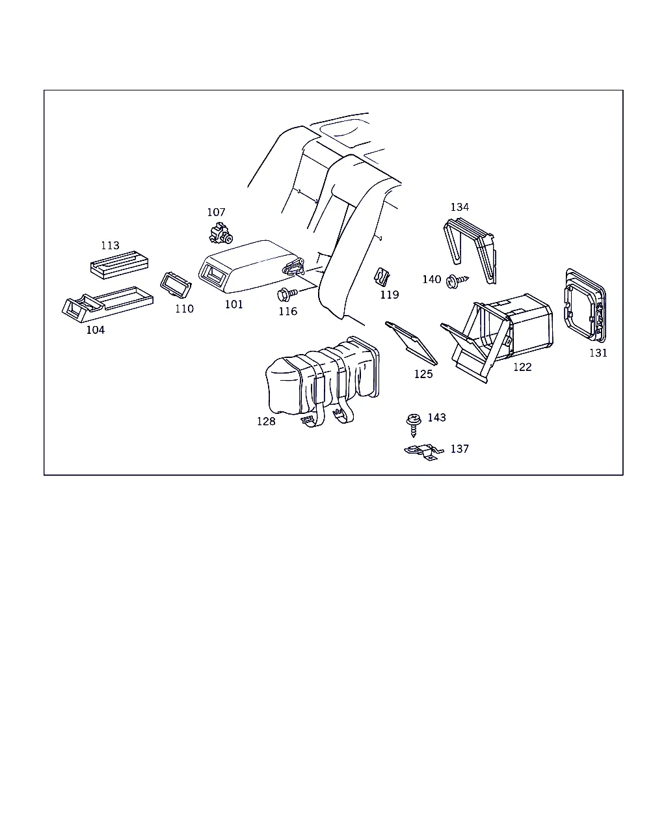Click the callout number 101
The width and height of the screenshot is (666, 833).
[x=233, y=305]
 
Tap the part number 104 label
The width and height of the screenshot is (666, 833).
[x=95, y=330]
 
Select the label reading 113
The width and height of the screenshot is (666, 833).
[x=110, y=245]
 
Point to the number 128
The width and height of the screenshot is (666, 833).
[x=266, y=421]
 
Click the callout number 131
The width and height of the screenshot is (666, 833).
[x=598, y=353]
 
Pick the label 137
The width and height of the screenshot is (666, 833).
[x=459, y=448]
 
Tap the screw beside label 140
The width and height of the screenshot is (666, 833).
[x=457, y=281]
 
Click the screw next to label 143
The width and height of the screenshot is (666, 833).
[x=414, y=424]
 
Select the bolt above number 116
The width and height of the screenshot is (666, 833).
[x=287, y=295]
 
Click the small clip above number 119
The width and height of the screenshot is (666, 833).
[x=382, y=277]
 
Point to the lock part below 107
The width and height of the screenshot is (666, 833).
[x=220, y=233]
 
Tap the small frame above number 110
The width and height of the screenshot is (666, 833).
[x=176, y=284]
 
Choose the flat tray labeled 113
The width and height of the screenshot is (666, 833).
[x=119, y=264]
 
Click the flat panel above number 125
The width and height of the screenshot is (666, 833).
[x=411, y=343]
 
